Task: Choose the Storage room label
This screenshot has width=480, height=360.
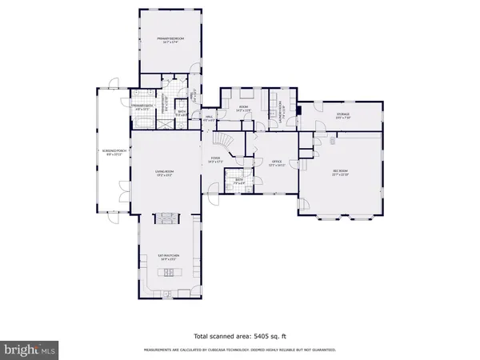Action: pyautogui.click(x=344, y=117)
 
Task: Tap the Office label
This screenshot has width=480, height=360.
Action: pyautogui.click(x=276, y=162)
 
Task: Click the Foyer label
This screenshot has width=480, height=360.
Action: pyautogui.click(x=216, y=159)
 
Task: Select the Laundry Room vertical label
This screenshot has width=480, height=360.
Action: pyautogui.click(x=280, y=107)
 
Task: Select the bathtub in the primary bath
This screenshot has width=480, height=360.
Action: pyautogui.click(x=143, y=122)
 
